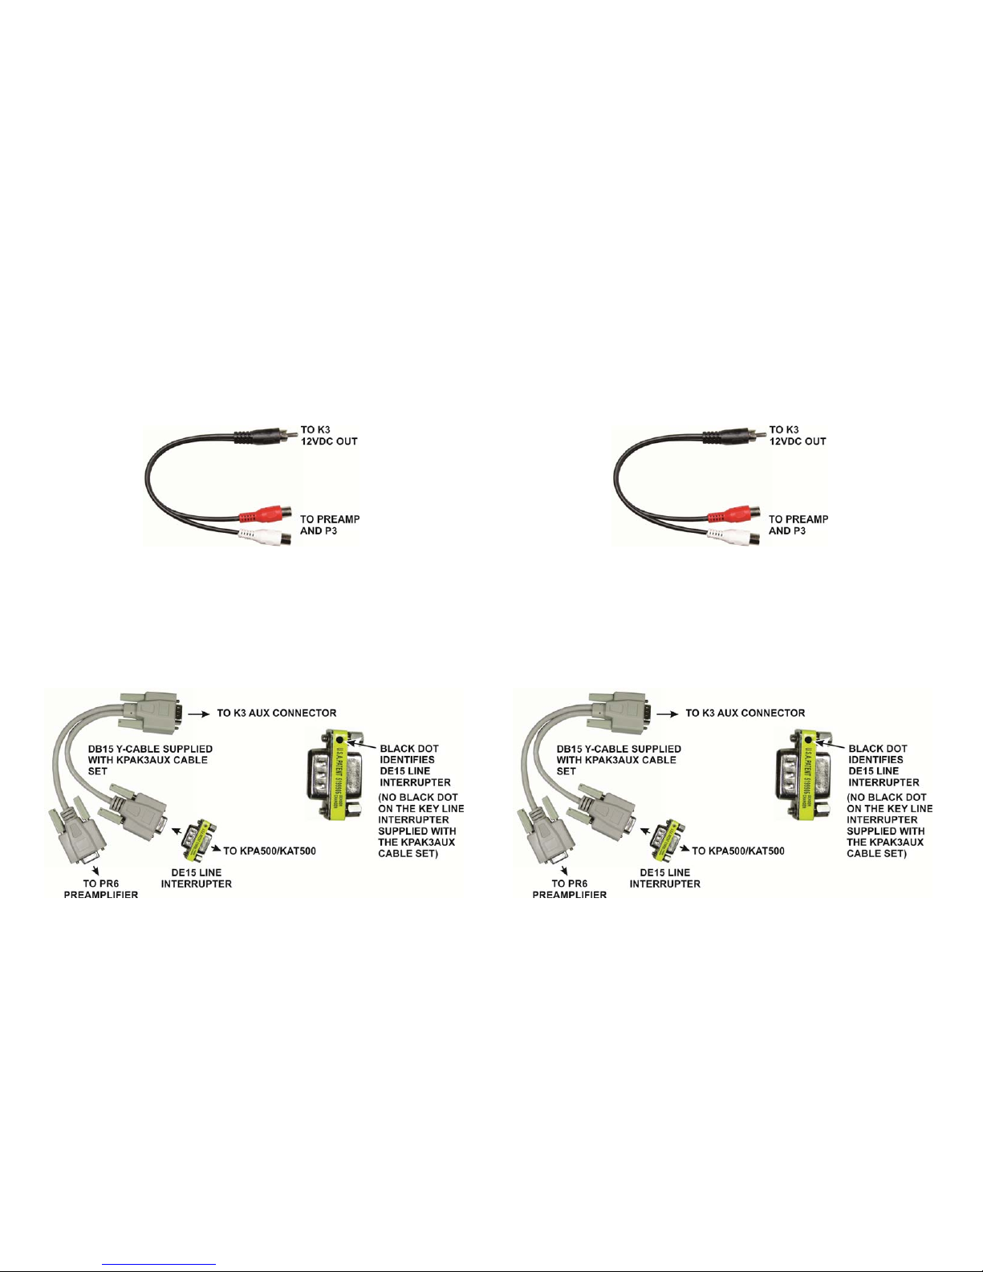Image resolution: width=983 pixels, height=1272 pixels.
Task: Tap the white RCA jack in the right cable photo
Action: click(x=733, y=535)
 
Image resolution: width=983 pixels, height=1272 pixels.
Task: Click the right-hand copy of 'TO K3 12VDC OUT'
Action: click(x=797, y=436)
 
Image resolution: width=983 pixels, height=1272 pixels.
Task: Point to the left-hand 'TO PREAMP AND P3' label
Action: click(x=329, y=525)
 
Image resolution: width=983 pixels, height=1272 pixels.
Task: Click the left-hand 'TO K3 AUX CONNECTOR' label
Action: click(x=277, y=713)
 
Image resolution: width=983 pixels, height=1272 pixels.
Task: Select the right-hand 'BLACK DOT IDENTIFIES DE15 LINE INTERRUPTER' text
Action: click(x=883, y=766)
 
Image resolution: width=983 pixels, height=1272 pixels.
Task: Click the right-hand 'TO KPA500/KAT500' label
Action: click(x=737, y=851)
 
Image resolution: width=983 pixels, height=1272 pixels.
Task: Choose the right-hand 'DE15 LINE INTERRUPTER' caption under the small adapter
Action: click(x=664, y=878)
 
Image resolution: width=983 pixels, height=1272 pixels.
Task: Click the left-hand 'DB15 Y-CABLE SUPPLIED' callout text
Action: click(x=149, y=760)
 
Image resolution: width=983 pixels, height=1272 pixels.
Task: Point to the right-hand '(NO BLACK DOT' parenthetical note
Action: click(x=889, y=826)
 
